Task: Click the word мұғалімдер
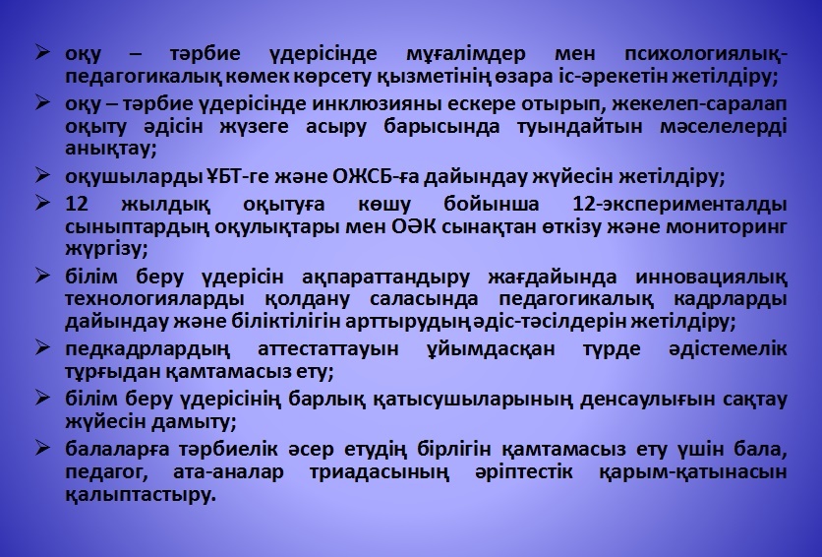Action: click(465, 54)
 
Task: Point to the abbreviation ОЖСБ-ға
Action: click(376, 177)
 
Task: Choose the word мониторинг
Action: click(726, 228)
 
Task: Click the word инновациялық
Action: click(711, 278)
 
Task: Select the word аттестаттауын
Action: click(328, 349)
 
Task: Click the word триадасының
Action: click(380, 472)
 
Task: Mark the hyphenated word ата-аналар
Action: click(228, 472)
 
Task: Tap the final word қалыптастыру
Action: click(141, 495)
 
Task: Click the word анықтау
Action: click(110, 150)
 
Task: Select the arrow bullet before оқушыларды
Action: click(42, 176)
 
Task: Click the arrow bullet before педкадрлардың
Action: click(42, 347)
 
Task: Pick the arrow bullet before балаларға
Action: click(42, 449)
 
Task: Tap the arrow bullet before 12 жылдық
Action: click(42, 204)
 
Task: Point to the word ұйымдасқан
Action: click(491, 349)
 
